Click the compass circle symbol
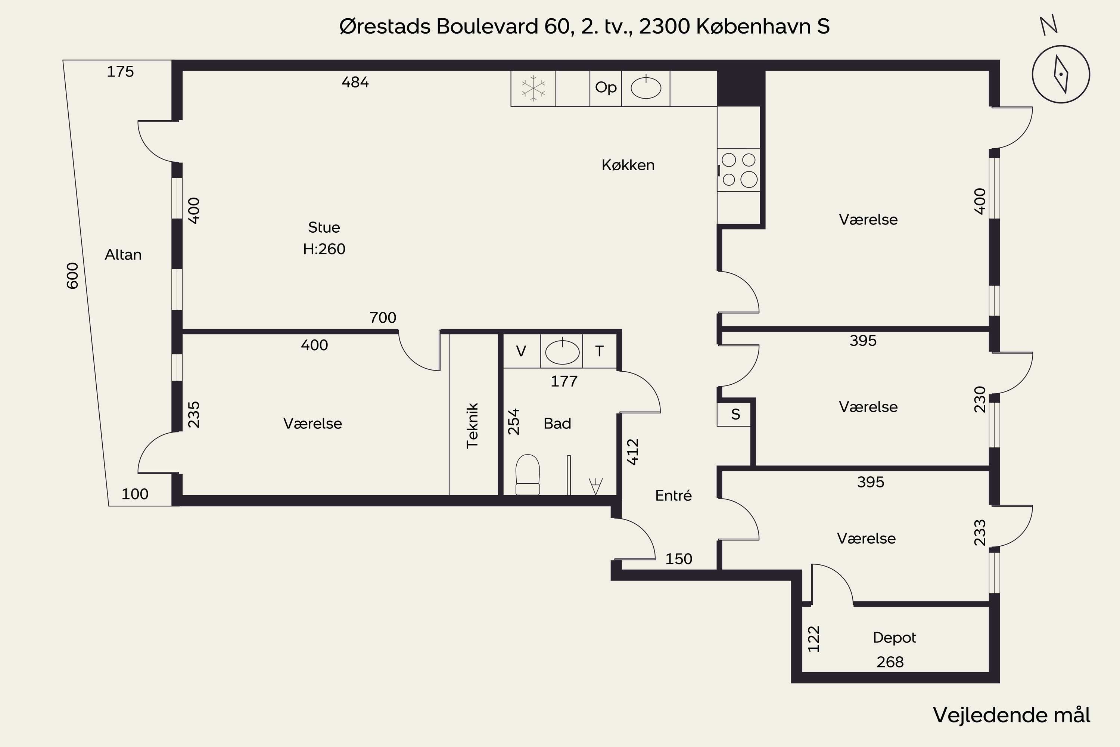click(1061, 74)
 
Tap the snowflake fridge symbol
click(533, 88)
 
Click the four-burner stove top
click(738, 170)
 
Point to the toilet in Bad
click(528, 474)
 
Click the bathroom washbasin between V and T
click(562, 351)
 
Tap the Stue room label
click(324, 227)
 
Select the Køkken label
click(628, 165)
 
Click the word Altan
click(123, 255)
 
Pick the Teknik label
click(472, 425)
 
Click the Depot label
click(894, 638)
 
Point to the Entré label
click(673, 496)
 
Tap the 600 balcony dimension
click(72, 276)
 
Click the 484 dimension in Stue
click(355, 83)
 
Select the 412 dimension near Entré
click(632, 452)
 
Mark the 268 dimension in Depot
click(890, 662)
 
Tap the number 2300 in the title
click(664, 27)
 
